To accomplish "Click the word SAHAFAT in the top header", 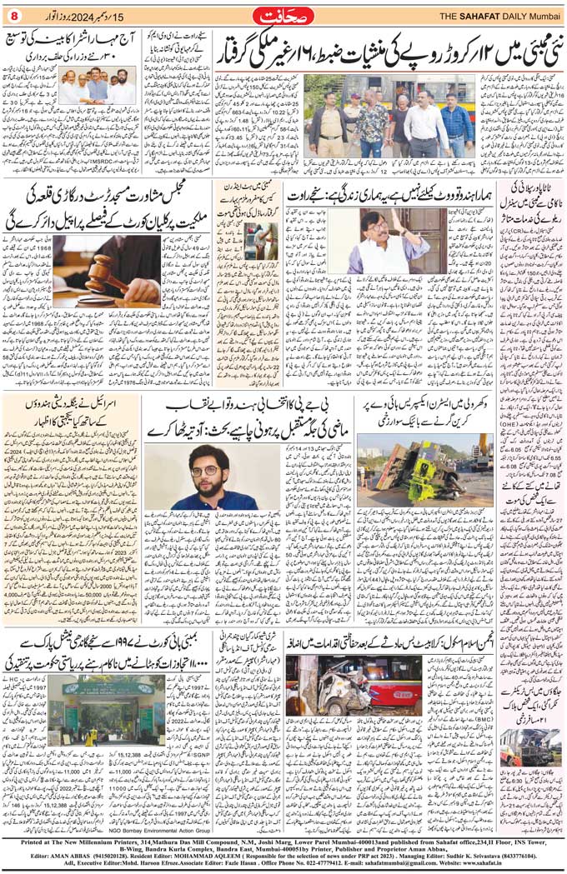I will [455, 16].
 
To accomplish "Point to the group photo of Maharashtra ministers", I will [87, 86].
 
